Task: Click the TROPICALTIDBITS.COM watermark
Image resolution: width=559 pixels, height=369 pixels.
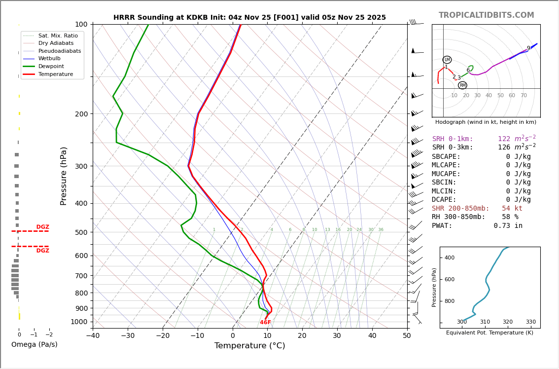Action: pos(486,15)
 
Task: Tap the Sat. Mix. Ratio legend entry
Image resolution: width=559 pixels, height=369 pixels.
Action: pos(58,36)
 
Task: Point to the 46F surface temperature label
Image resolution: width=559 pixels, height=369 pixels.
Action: pos(265,323)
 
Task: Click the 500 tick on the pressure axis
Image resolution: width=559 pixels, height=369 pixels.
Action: pos(81,232)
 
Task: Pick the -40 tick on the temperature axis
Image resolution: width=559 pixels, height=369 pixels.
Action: pos(93,336)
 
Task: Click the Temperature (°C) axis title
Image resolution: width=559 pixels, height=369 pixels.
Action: pos(249,346)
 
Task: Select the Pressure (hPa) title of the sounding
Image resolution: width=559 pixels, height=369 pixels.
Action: pos(64,176)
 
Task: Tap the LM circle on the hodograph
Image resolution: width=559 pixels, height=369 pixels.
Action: pos(447,60)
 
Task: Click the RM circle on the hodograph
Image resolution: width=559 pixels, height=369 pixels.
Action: pos(462,85)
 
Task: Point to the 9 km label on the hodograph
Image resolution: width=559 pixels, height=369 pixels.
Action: pos(528,48)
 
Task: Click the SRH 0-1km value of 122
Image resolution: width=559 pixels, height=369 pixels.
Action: pos(504,139)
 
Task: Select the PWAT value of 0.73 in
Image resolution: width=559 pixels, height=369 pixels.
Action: pos(508,226)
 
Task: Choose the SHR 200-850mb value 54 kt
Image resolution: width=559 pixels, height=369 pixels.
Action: pos(512,209)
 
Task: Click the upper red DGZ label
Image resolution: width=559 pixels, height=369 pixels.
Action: pos(42,227)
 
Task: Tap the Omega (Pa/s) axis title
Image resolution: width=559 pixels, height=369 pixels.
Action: pos(34,345)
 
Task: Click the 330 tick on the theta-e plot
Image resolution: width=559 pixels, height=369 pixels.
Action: pos(530,322)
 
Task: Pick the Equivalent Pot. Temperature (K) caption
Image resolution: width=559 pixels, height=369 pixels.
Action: pos(489,333)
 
